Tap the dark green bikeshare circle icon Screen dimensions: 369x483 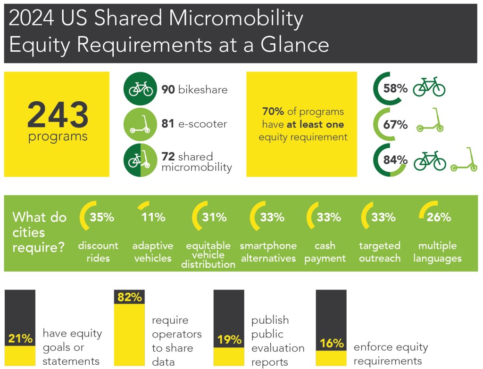(x=140, y=88)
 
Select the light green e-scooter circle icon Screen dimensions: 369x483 (x=140, y=124)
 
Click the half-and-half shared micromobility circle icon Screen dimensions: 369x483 (x=140, y=160)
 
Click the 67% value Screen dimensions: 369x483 (x=395, y=124)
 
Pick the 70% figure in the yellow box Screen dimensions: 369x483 (x=273, y=112)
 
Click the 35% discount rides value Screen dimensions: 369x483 (x=102, y=217)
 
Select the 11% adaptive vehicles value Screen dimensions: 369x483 (x=153, y=217)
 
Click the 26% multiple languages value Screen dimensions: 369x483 (x=439, y=217)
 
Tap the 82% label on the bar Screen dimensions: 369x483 (x=130, y=297)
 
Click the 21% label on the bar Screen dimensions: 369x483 (x=20, y=339)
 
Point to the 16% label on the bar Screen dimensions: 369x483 (x=331, y=343)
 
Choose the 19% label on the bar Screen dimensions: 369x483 (x=229, y=340)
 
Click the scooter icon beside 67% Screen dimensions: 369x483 (x=430, y=121)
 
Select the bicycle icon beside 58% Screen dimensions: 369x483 (x=429, y=87)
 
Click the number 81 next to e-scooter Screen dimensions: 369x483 (x=168, y=124)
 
